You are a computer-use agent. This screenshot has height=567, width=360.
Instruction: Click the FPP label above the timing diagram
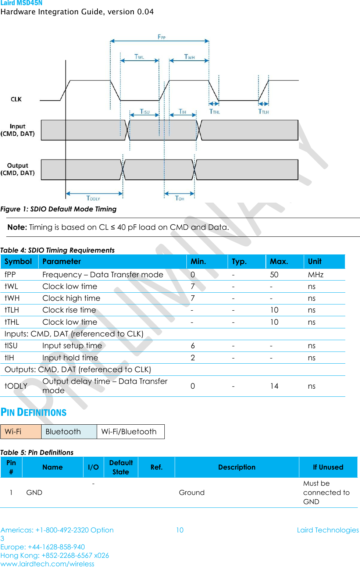click(161, 37)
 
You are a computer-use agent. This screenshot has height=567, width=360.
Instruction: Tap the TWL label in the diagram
click(139, 57)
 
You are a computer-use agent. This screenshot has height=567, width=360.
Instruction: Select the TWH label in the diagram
click(189, 57)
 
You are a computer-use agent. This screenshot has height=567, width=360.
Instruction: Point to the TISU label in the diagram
click(145, 111)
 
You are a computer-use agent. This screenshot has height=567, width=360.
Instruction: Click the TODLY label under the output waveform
click(93, 198)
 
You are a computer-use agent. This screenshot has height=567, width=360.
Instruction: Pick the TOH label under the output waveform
click(179, 198)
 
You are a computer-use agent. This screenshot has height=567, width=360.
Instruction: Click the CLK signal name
click(16, 99)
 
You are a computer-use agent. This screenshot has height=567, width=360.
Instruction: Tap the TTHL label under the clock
click(214, 111)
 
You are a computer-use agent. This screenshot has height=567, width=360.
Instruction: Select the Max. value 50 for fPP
click(274, 275)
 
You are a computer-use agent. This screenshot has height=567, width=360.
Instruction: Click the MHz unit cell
click(316, 275)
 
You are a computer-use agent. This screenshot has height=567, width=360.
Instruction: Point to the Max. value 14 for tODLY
click(274, 386)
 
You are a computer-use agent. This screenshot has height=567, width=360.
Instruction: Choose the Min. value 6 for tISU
click(193, 346)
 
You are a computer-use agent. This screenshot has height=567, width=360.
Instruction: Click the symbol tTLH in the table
click(12, 310)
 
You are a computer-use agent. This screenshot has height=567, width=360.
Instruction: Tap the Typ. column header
click(239, 261)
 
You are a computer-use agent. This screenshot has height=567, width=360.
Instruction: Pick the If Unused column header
click(328, 467)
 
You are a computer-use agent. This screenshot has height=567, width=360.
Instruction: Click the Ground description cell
click(192, 492)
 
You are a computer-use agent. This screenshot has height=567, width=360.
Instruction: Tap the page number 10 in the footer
click(179, 530)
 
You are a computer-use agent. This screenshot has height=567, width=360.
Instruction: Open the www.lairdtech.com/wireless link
click(47, 564)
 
